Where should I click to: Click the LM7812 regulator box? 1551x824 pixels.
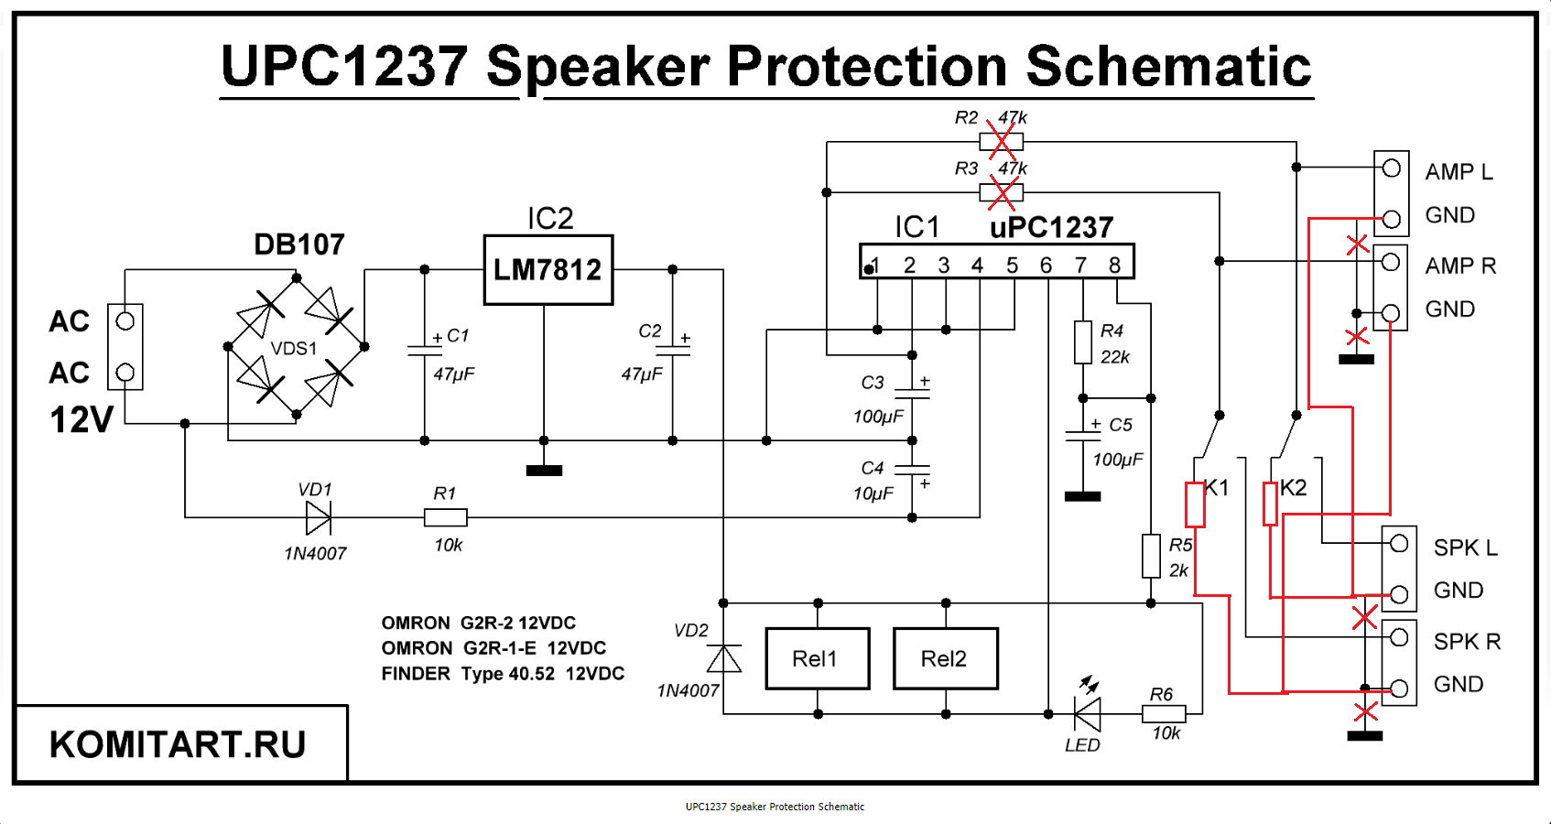tap(548, 270)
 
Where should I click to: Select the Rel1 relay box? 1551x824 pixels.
tap(817, 658)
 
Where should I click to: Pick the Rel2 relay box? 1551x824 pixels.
tap(945, 658)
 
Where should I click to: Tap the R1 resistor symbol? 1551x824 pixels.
tap(446, 518)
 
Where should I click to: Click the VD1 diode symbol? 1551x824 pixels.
tap(318, 518)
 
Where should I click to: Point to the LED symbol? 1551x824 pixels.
tap(1087, 713)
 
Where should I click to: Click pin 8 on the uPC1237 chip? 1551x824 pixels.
tap(1114, 265)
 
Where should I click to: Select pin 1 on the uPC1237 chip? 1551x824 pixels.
tap(875, 265)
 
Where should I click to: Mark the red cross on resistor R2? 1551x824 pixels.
tap(1002, 142)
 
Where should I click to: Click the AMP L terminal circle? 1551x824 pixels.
tap(1392, 168)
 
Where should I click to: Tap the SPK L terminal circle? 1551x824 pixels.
tap(1399, 544)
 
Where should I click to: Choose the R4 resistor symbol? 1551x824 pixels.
tap(1083, 343)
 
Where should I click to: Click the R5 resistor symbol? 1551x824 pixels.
tap(1151, 556)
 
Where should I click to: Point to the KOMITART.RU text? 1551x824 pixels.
tap(178, 744)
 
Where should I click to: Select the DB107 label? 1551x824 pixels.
tap(298, 244)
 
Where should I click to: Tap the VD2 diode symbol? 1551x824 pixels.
tap(724, 658)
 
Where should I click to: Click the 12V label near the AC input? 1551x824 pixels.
tap(81, 420)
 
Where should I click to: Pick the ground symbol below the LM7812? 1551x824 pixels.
tap(544, 471)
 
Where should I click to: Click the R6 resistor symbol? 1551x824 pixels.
tap(1164, 713)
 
